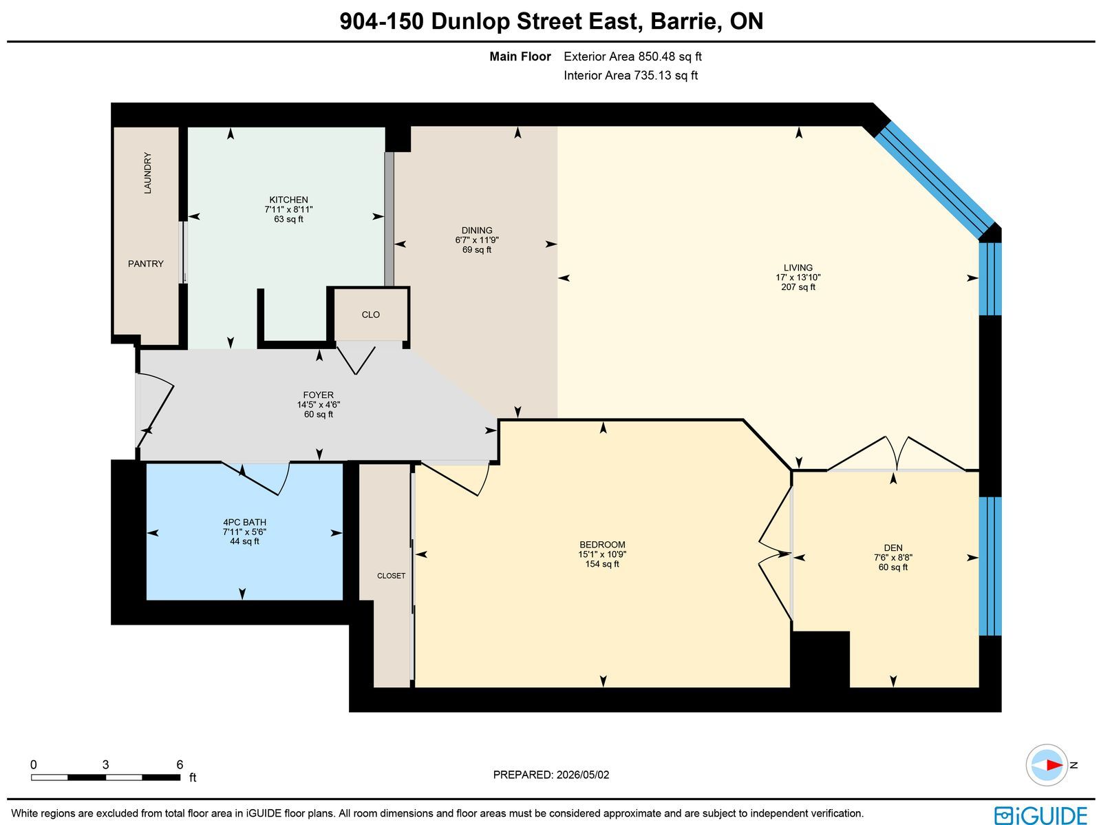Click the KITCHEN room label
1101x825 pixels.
(288, 200)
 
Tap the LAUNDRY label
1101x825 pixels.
(147, 173)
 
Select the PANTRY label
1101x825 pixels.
(145, 264)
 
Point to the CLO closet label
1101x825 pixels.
(371, 315)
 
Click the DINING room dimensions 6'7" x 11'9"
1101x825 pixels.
(476, 240)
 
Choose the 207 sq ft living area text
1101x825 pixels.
(798, 287)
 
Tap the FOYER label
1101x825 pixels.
(318, 395)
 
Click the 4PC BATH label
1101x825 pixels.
(244, 522)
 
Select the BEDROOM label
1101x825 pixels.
(602, 545)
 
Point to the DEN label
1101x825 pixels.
(893, 548)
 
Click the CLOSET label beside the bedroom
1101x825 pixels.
(392, 576)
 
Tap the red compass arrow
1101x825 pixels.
(1054, 765)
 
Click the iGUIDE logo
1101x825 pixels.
(1041, 815)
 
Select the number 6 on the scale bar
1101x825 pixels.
(180, 765)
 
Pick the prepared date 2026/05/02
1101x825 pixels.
(583, 774)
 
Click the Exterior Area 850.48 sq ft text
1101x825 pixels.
(632, 56)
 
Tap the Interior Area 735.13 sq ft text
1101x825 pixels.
(630, 75)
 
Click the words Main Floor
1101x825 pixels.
(520, 56)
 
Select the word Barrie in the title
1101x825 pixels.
(685, 21)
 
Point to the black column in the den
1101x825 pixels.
(820, 659)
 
